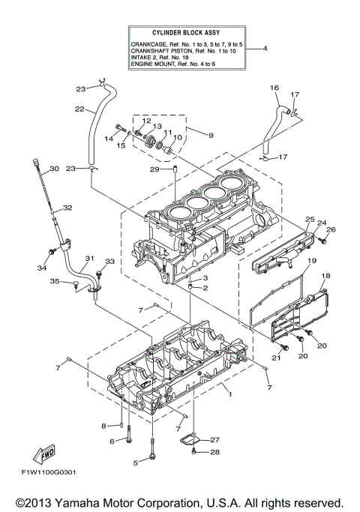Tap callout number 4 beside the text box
pos(264,49)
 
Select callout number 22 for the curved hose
pos(79,109)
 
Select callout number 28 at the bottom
pos(214,452)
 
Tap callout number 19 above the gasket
pos(307,259)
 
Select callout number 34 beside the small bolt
pos(40,268)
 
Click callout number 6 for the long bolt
pos(113,442)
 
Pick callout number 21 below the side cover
pos(275,358)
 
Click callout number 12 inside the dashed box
pos(146,121)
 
